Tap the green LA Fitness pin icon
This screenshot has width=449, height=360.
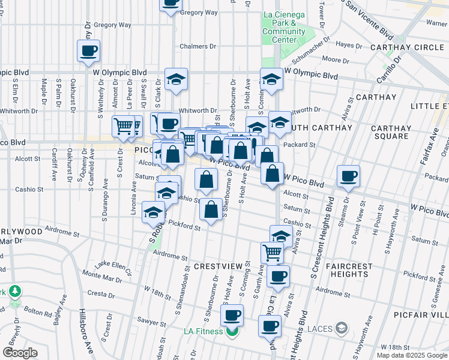click(232, 331)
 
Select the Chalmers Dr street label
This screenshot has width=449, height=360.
click(198, 46)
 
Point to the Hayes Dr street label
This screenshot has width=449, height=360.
click(349, 44)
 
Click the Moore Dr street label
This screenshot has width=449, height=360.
click(336, 60)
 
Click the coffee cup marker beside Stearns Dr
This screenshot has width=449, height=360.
click(348, 177)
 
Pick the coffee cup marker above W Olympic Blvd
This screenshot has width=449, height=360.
click(89, 51)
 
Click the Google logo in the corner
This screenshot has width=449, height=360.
click(20, 353)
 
